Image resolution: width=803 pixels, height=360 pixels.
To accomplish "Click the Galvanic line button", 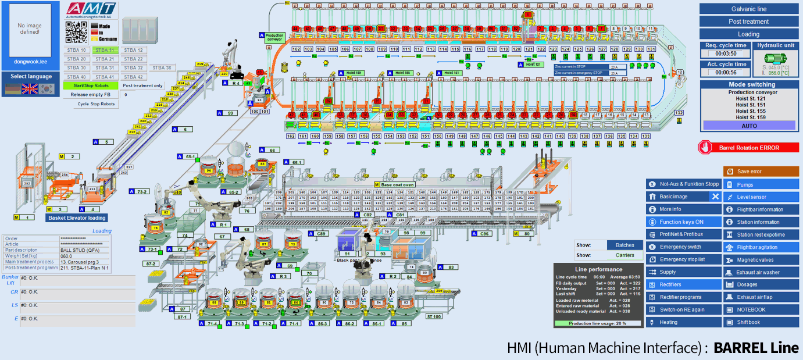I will [x=748, y=9].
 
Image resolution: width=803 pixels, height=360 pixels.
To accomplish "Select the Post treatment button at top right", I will [x=748, y=22].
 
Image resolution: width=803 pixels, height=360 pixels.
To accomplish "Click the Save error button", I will [x=761, y=172].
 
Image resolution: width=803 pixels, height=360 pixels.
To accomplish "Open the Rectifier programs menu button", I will [x=684, y=297].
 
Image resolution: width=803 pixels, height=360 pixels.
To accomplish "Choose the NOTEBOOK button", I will [x=761, y=309].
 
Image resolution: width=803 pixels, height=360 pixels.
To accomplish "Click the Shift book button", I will [x=761, y=322].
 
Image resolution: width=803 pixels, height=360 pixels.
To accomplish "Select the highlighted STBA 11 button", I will [x=105, y=50].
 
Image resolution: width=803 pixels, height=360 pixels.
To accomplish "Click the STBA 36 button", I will [x=162, y=67].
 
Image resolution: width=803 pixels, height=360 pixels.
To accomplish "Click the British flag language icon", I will [x=30, y=88].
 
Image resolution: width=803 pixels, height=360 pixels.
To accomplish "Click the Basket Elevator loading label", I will [x=77, y=218].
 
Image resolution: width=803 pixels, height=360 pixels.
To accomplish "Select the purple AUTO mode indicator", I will [x=749, y=126].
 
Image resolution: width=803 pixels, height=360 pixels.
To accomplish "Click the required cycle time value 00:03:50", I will [x=725, y=54].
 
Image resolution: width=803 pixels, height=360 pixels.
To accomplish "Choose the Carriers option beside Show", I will [x=624, y=255].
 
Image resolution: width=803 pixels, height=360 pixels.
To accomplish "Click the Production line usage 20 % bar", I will [x=598, y=323].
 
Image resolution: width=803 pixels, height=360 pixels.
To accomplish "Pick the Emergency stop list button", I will [x=684, y=259].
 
